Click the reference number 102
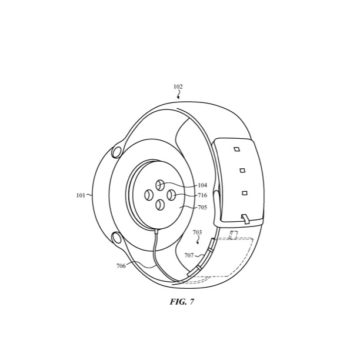[x=178, y=87]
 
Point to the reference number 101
[x=81, y=195]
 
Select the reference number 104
[x=203, y=185]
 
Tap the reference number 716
[x=203, y=196]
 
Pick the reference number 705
[x=203, y=207]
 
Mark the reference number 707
[x=188, y=256]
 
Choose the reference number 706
[x=121, y=266]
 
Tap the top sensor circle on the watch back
[x=160, y=185]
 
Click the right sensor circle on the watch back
[x=171, y=194]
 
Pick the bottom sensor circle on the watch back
[x=160, y=205]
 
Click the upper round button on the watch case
[x=116, y=152]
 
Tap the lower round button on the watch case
[x=117, y=238]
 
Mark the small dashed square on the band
[x=233, y=235]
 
